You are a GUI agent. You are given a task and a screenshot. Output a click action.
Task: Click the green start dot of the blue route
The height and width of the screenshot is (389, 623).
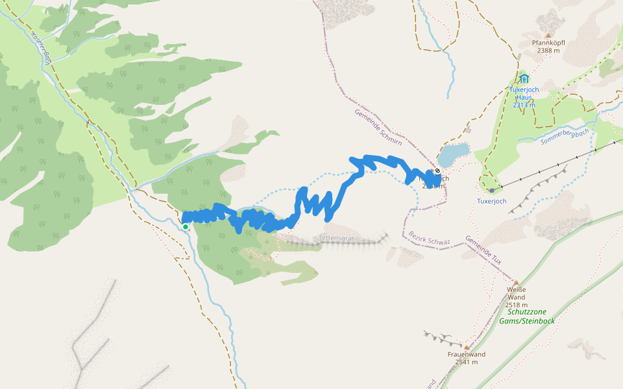(186, 226)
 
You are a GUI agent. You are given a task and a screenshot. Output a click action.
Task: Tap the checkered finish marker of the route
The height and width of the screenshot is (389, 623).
(437, 171)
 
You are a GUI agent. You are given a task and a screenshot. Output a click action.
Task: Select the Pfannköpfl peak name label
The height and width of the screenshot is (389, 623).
(548, 43)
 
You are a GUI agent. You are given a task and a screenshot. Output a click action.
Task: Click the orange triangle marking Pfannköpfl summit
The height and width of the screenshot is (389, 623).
(548, 35)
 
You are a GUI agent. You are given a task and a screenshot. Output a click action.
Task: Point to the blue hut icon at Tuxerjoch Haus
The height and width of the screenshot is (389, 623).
(524, 78)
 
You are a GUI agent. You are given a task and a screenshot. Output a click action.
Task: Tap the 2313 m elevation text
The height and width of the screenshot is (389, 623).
(523, 104)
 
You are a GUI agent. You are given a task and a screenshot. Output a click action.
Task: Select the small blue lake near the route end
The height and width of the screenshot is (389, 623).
(453, 154)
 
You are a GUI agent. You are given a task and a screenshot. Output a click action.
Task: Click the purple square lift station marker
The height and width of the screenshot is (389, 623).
(492, 190)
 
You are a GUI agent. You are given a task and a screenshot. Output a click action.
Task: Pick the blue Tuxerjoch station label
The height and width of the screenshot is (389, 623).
(491, 201)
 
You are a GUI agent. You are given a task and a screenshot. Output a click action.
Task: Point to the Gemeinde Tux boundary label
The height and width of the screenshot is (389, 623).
(483, 249)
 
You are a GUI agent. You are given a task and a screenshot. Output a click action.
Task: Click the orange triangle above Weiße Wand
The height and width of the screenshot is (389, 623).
(517, 282)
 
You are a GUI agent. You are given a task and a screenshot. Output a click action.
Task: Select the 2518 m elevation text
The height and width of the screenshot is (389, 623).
(517, 305)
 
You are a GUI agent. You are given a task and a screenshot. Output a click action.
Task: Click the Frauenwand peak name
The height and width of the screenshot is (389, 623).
(466, 355)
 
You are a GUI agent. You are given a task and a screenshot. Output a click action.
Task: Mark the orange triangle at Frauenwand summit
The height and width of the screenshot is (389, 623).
(466, 347)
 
